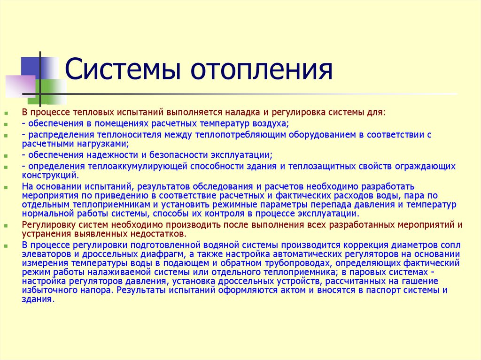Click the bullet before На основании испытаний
[6, 187]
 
